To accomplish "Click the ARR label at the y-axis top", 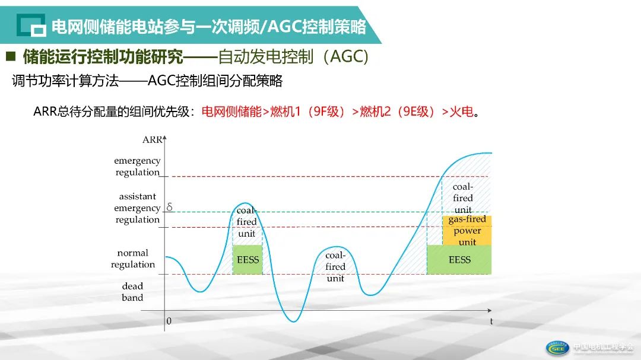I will [x=152, y=140].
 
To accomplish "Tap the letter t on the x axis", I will [x=491, y=321].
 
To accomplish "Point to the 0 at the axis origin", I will [x=169, y=321].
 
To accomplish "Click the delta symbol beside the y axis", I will [x=169, y=207].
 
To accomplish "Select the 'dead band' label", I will [x=132, y=292].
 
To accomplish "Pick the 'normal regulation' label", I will [x=132, y=259].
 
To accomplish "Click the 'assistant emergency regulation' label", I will [x=137, y=208].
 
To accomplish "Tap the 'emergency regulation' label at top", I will [x=137, y=166].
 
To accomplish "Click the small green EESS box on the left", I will [x=247, y=260].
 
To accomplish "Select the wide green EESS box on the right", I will [x=459, y=260].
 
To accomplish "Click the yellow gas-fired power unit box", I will [x=467, y=230].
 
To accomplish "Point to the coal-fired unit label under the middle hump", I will [x=335, y=266].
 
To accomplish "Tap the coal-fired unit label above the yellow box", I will [x=463, y=198].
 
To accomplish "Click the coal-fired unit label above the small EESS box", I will [x=247, y=222].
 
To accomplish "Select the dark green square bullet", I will [x=11, y=57].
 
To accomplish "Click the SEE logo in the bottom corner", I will [x=558, y=348].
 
